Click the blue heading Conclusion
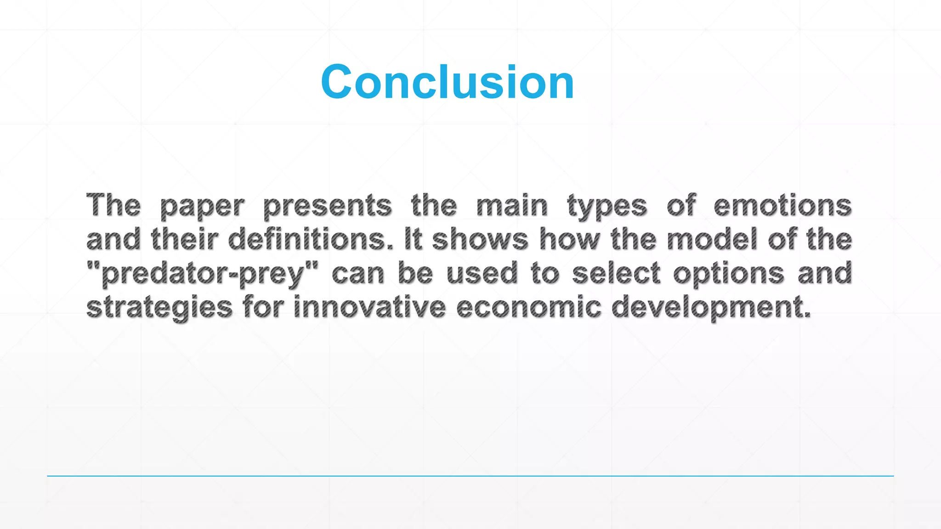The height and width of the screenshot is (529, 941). (x=448, y=82)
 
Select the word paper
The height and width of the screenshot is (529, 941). (x=202, y=206)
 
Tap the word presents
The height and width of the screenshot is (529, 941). (x=328, y=206)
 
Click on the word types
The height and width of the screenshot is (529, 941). (x=607, y=206)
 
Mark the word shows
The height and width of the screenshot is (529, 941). (x=480, y=240)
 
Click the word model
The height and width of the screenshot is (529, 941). (x=712, y=239)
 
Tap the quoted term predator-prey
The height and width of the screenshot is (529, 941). (x=202, y=274)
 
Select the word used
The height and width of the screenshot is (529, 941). (x=482, y=273)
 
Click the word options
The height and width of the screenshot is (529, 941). (x=729, y=274)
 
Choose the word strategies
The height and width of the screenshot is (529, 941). (x=159, y=307)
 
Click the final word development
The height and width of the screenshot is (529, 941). (x=711, y=308)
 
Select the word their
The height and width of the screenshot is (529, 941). (x=184, y=239)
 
